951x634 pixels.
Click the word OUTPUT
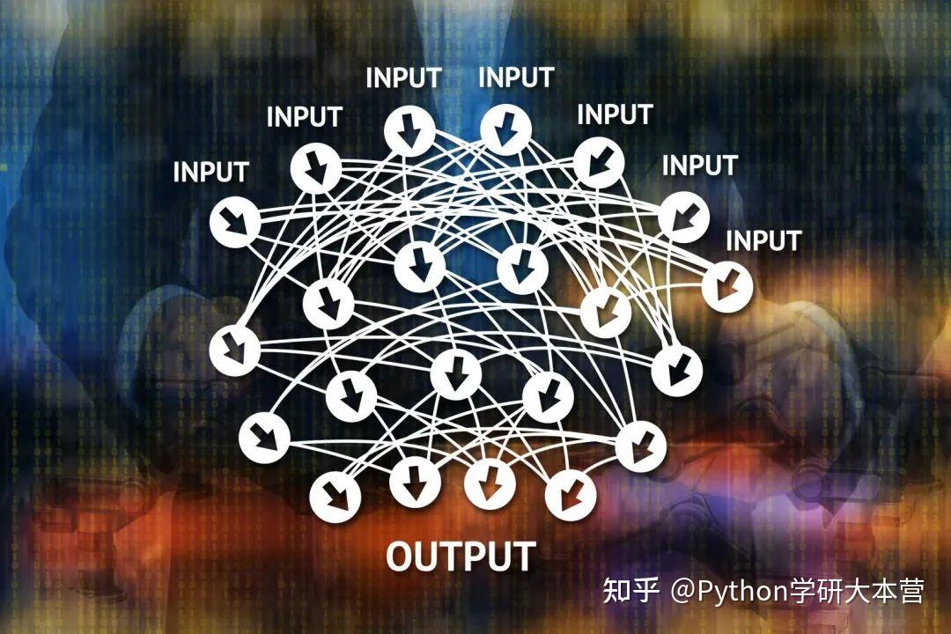(461, 557)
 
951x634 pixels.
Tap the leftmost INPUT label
(210, 172)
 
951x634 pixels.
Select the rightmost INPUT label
(763, 240)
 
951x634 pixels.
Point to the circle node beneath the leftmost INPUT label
(235, 222)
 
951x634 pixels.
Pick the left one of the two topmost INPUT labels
(403, 77)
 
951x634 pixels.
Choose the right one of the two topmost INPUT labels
(516, 77)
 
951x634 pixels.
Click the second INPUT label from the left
(304, 116)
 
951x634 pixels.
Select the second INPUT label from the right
(699, 165)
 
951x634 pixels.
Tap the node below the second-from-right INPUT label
(684, 216)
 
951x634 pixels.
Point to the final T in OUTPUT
(522, 557)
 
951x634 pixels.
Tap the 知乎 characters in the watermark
(630, 590)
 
